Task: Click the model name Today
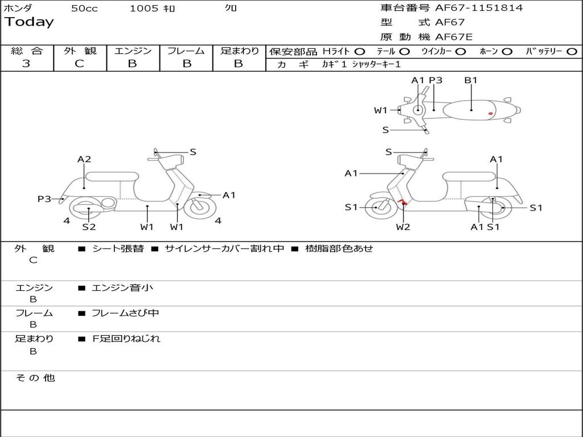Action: click(29, 22)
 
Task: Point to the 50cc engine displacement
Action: click(84, 9)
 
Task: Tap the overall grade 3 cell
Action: click(26, 64)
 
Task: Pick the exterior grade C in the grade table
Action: click(79, 64)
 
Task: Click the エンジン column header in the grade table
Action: click(133, 51)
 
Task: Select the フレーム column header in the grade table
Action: click(186, 51)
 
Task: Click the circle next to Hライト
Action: click(360, 51)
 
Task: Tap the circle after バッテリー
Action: click(572, 51)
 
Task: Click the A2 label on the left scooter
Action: click(84, 159)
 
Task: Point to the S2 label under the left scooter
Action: click(89, 227)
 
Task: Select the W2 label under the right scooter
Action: click(403, 227)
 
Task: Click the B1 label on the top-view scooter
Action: click(471, 80)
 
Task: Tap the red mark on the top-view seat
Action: click(491, 114)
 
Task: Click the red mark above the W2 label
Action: click(403, 203)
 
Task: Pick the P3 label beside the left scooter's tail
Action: click(44, 199)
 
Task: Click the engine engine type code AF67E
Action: click(454, 37)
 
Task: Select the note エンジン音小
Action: click(122, 288)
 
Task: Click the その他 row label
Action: click(35, 378)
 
